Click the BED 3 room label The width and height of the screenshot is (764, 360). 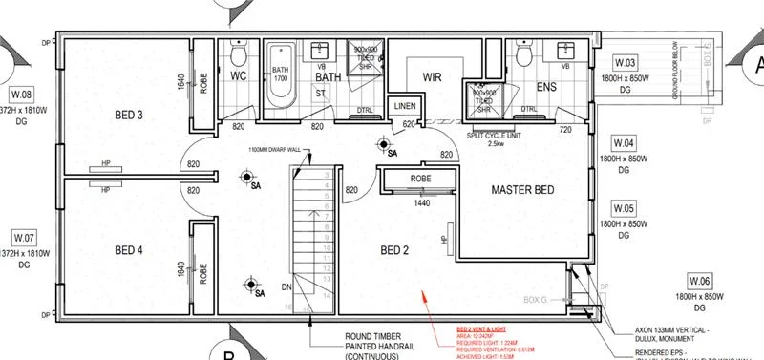click(x=127, y=116)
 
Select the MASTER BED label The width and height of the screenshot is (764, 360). click(x=522, y=190)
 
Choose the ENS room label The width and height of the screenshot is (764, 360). click(x=545, y=88)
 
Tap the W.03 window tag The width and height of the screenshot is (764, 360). click(x=625, y=64)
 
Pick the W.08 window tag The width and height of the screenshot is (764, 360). click(x=21, y=94)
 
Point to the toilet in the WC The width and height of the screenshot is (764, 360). click(x=240, y=53)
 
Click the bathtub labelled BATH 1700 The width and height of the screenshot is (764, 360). click(x=281, y=73)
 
